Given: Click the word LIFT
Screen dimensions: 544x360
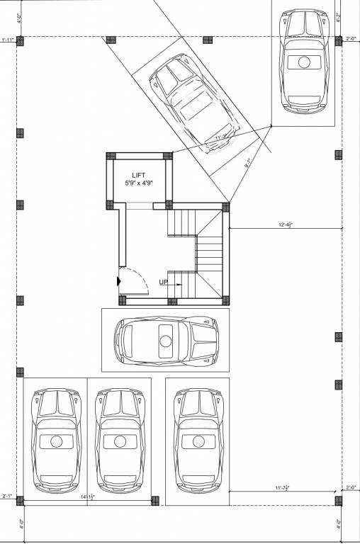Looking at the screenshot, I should point(138,174).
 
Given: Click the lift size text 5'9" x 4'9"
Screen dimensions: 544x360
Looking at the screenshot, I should point(138,183).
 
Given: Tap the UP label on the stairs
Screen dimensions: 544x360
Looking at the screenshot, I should point(164,282).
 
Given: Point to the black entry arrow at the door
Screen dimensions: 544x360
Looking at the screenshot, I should point(119,282).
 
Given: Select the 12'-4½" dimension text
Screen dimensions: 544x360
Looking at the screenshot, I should point(286,225).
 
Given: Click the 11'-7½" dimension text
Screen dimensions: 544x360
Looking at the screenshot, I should point(283,488).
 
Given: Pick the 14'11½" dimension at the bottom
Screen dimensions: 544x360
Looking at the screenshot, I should point(88,498).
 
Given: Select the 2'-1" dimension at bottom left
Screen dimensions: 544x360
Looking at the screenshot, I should point(7,497).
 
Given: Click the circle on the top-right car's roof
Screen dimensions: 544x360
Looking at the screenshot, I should point(304,62).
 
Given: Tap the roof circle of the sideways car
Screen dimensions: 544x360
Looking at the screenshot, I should point(166,341).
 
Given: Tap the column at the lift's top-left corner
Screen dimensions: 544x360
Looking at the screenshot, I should point(111,156).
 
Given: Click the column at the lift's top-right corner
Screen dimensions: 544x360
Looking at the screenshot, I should point(168,156).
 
